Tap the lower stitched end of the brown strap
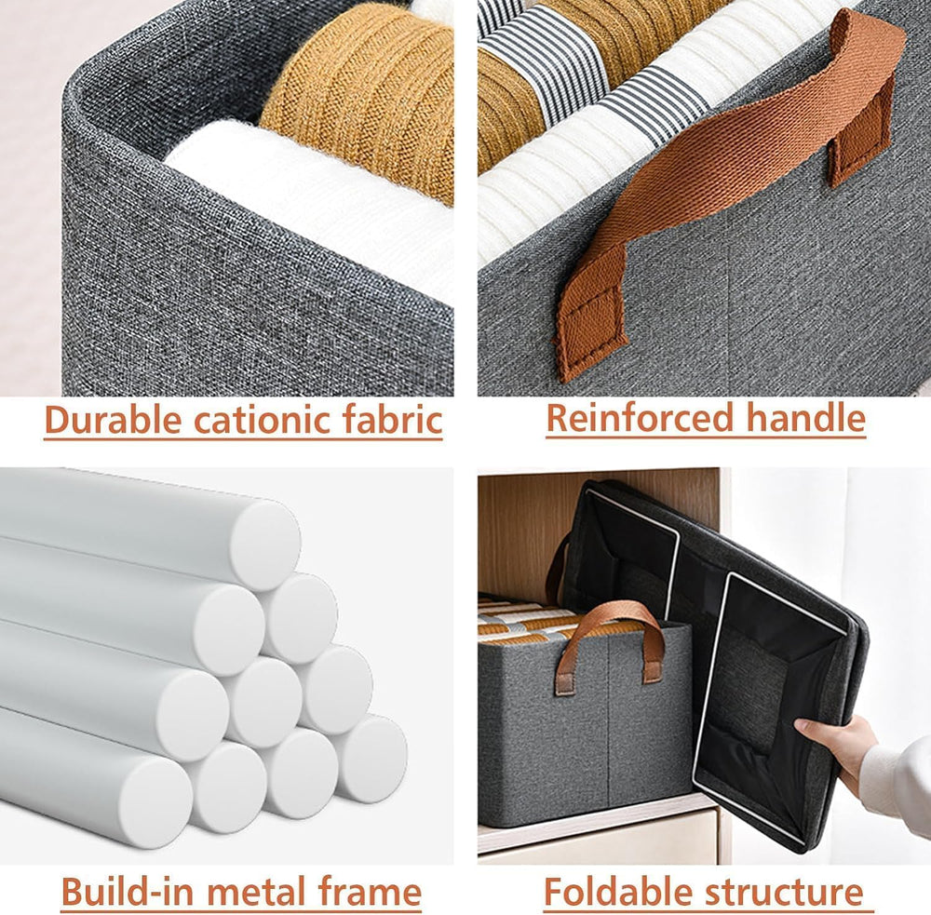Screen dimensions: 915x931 (590, 321)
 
